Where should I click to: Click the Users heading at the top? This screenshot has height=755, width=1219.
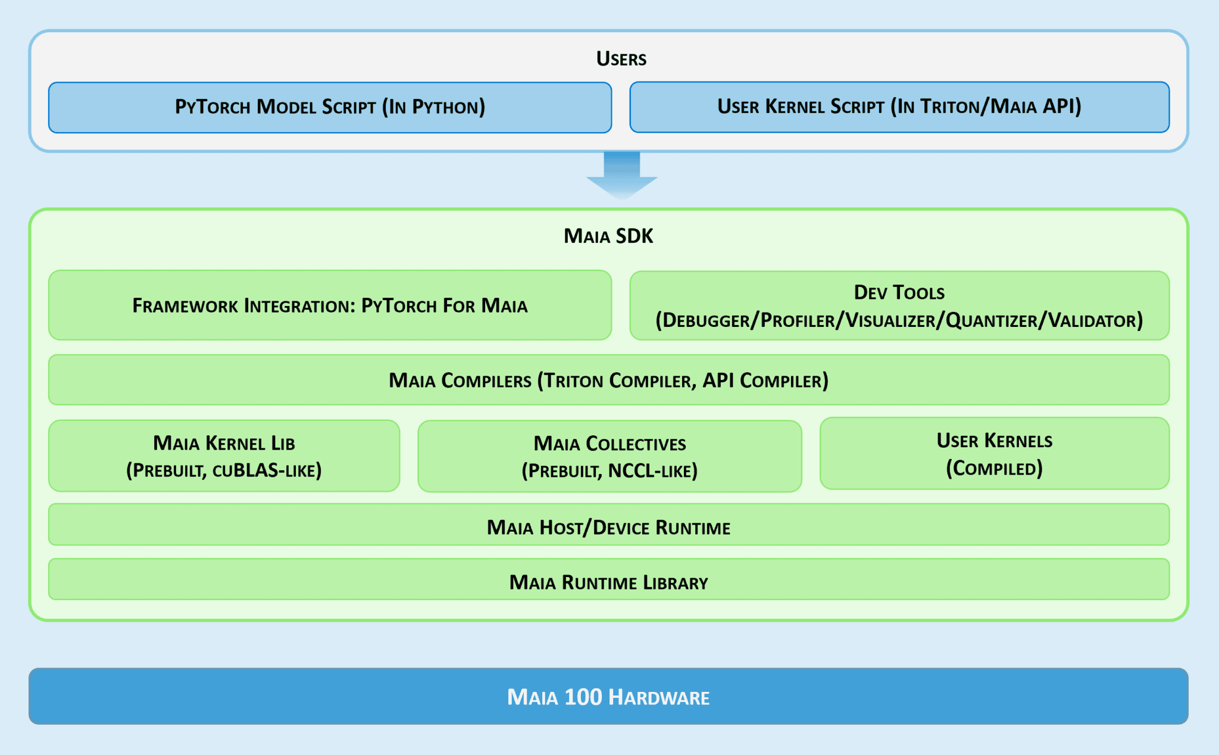[x=621, y=58]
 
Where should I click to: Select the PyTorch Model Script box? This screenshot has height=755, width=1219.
[x=330, y=107]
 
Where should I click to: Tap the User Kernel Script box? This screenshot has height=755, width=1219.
[x=899, y=107]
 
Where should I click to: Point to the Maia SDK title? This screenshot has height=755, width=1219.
[x=608, y=236]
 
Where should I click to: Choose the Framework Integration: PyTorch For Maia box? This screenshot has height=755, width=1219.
[x=330, y=305]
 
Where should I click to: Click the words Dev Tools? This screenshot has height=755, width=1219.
[x=899, y=292]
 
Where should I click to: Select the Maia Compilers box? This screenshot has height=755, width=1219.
[x=608, y=380]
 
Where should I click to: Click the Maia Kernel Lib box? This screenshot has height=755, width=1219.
[x=224, y=456]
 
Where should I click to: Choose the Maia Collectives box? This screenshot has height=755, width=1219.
[x=609, y=456]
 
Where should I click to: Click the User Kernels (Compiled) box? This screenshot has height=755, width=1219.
[x=994, y=454]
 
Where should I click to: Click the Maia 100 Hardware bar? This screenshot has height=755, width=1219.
[x=608, y=696]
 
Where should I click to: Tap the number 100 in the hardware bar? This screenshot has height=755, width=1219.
[x=583, y=697]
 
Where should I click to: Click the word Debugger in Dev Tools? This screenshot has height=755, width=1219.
[x=706, y=320]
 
